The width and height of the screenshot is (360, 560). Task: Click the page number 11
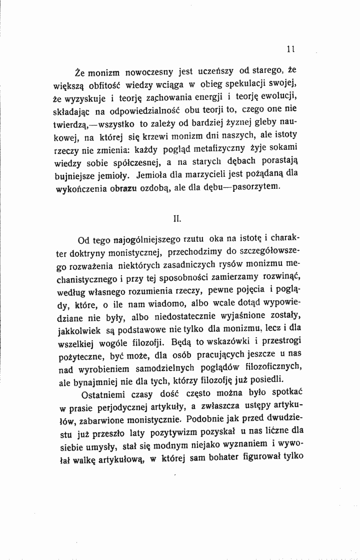pos(289,49)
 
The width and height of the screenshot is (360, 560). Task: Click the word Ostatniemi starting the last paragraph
pos(101,392)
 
